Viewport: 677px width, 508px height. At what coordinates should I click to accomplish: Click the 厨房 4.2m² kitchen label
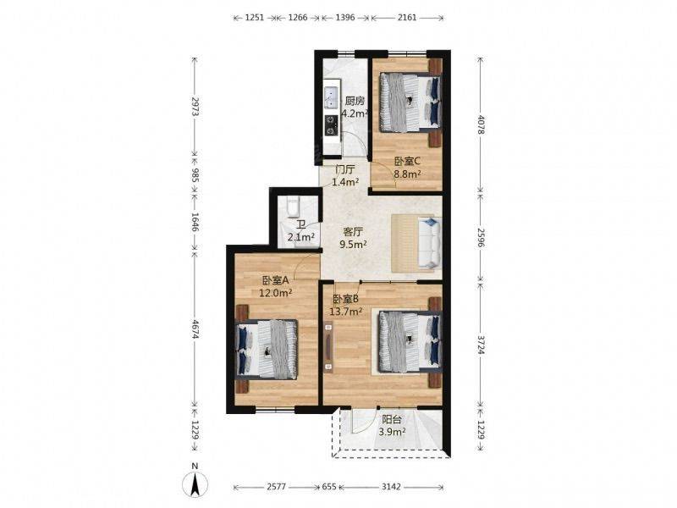click(x=353, y=106)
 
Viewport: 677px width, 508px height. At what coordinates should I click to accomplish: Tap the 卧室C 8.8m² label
click(x=407, y=168)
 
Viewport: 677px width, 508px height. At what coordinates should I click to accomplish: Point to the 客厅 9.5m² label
click(x=353, y=238)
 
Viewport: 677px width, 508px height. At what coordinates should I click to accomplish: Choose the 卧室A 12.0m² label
click(x=276, y=286)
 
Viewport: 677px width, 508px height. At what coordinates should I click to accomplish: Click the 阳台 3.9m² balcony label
click(x=392, y=425)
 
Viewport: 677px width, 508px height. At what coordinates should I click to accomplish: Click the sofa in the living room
click(x=416, y=244)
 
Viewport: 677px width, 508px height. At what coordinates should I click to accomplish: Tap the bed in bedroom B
click(x=410, y=340)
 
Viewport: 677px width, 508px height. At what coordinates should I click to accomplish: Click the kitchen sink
click(x=330, y=93)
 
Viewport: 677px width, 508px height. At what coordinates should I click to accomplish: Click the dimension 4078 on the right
click(x=481, y=124)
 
